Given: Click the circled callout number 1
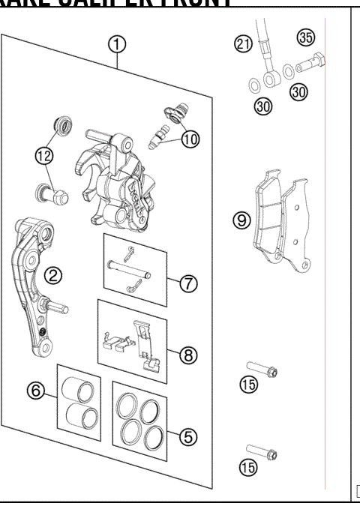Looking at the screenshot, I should click(115, 44).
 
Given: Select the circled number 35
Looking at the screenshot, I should click(305, 37).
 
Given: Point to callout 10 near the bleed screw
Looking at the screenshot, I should click(191, 139).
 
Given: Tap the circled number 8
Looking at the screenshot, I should click(189, 356).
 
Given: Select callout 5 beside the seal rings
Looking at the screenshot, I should click(190, 435).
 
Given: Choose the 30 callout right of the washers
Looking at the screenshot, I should click(299, 91).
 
